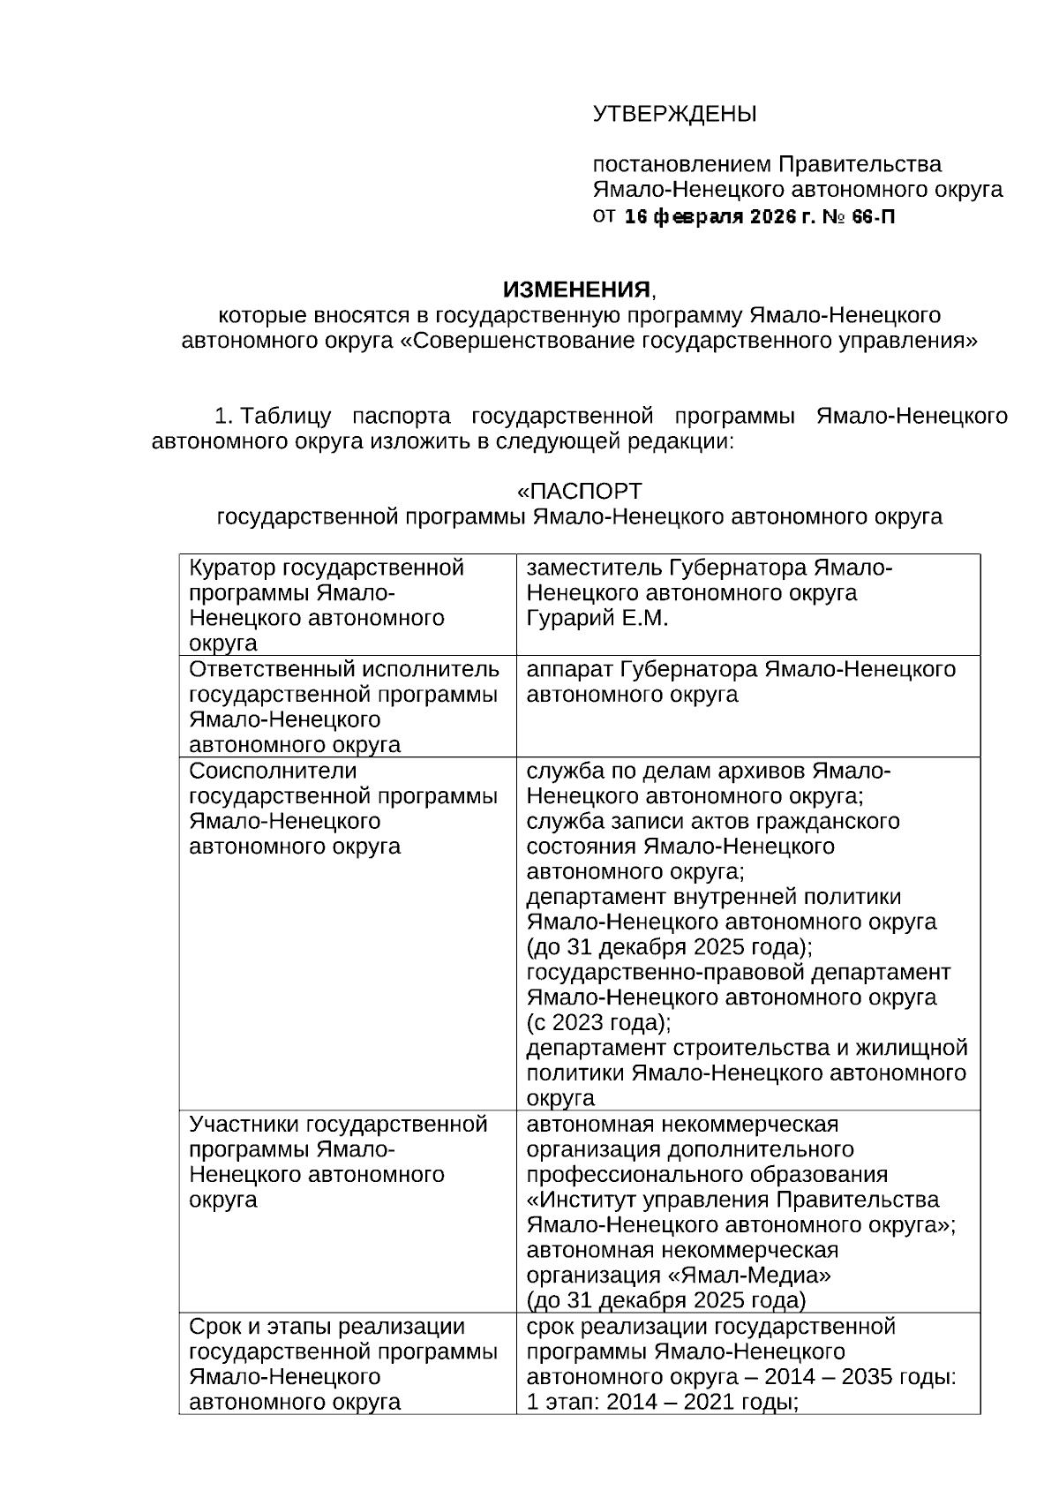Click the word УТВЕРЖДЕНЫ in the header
pos(674,114)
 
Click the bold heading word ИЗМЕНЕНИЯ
pos(576,290)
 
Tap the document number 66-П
pos(873,216)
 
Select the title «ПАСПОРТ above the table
pos(579,491)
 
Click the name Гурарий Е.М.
pos(597,618)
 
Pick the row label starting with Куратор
pos(327,568)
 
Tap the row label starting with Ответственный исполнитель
pos(344,669)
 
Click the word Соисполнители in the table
pos(273,771)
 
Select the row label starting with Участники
pos(338,1124)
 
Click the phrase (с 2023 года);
pos(598,1023)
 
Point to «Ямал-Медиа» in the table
pos(763,1276)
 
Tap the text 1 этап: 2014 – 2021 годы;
pos(662,1402)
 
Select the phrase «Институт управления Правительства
pos(732,1200)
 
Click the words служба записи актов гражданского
pos(713,821)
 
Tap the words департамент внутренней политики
pos(714,897)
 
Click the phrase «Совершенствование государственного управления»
pos(689,341)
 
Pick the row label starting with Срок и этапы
pos(327,1327)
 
